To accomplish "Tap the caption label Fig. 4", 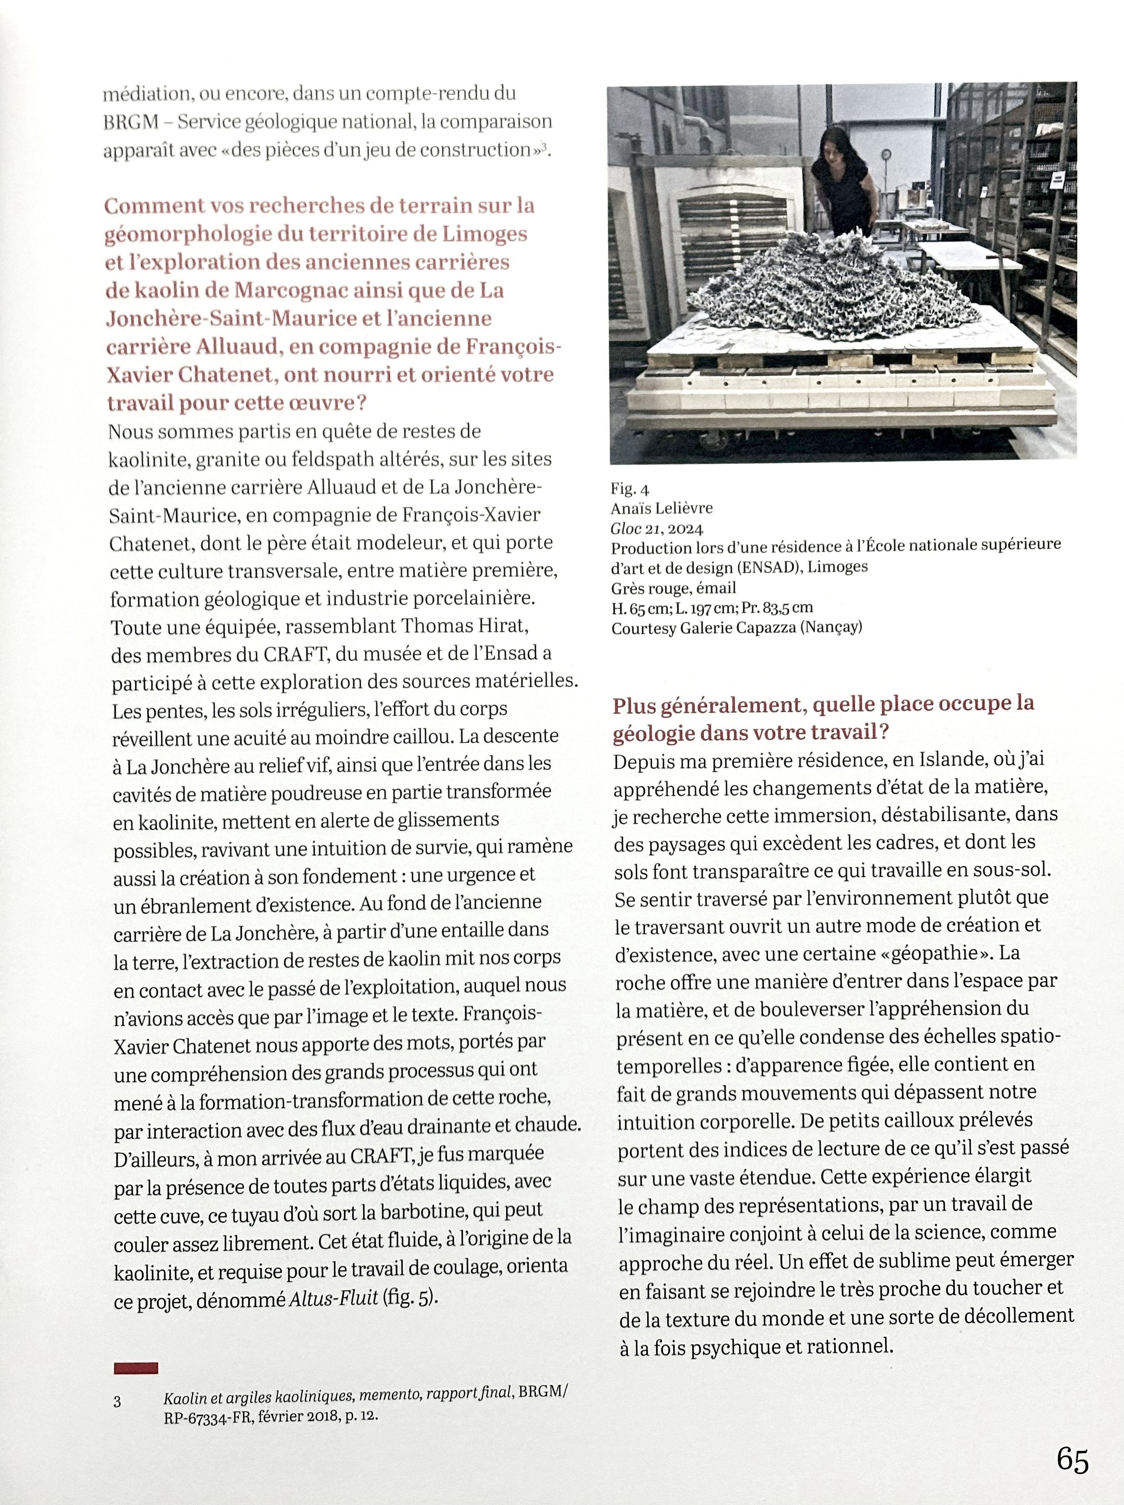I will (630, 489).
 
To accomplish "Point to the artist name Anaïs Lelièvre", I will (661, 508).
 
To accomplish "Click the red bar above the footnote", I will (136, 1368).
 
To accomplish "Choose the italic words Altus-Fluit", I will (334, 1298).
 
